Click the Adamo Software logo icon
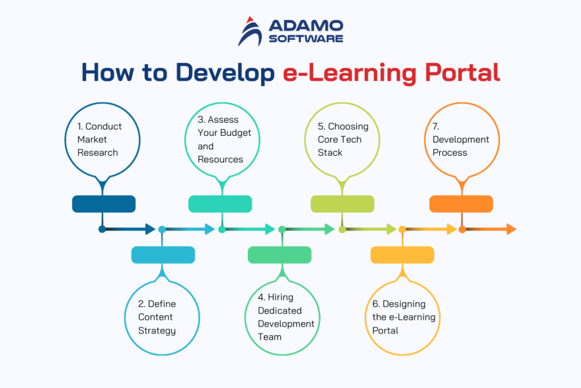pyautogui.click(x=250, y=31)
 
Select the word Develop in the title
pyautogui.click(x=226, y=73)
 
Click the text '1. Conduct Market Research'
pyautogui.click(x=99, y=139)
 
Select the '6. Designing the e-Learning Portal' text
pyautogui.click(x=403, y=317)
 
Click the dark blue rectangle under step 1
pyautogui.click(x=103, y=204)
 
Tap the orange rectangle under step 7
pyautogui.click(x=461, y=204)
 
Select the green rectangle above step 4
pyautogui.click(x=280, y=255)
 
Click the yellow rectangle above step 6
pyautogui.click(x=402, y=255)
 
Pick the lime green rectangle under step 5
pyautogui.click(x=342, y=204)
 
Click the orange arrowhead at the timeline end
pyautogui.click(x=511, y=230)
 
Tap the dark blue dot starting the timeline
pyautogui.click(x=102, y=230)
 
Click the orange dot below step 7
pyautogui.click(x=462, y=230)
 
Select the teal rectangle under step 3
pyautogui.click(x=220, y=204)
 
